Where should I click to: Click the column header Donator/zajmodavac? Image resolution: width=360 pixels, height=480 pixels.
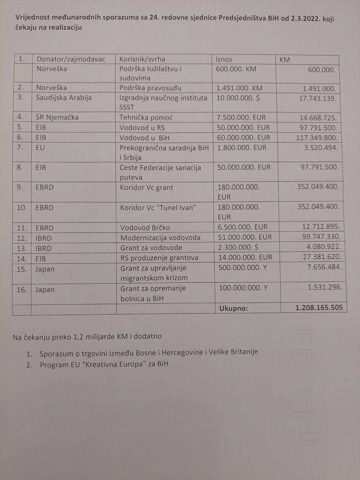pyautogui.click(x=76, y=59)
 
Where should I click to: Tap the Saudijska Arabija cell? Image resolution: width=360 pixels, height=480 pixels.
pyautogui.click(x=64, y=97)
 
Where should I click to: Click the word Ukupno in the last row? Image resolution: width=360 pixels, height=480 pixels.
pyautogui.click(x=233, y=308)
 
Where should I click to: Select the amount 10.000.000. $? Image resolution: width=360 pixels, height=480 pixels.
pyautogui.click(x=238, y=98)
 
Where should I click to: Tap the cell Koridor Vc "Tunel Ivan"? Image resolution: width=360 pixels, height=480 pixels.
pyautogui.click(x=159, y=208)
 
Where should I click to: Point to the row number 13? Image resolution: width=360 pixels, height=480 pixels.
pyautogui.click(x=22, y=247)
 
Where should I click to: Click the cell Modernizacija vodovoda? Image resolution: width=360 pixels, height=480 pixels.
pyautogui.click(x=160, y=238)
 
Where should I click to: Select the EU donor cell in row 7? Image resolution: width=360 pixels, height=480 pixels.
pyautogui.click(x=40, y=147)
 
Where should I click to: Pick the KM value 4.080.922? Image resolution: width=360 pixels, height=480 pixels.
pyautogui.click(x=322, y=247)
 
